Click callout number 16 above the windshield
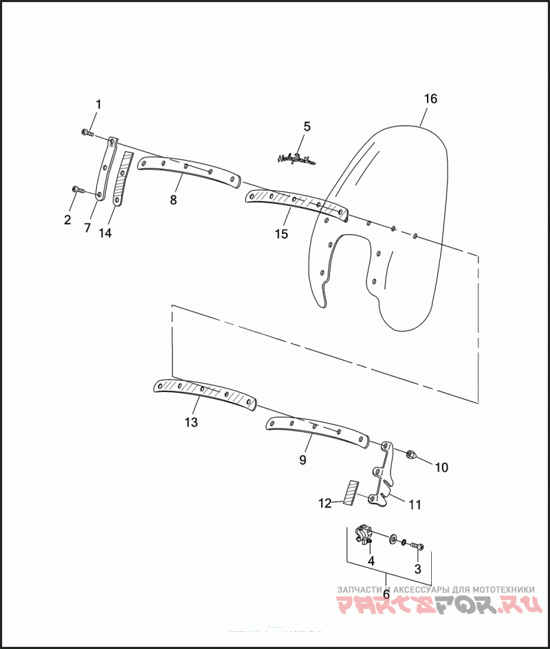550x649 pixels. point(430,99)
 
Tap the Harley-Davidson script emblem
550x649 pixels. point(296,160)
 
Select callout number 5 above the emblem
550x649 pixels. point(307,126)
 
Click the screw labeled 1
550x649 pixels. point(86,132)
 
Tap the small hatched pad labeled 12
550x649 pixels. point(351,492)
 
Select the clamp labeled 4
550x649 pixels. point(364,534)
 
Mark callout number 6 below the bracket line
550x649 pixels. point(386,595)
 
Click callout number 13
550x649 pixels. point(191,422)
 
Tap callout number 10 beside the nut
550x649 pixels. point(441,468)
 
